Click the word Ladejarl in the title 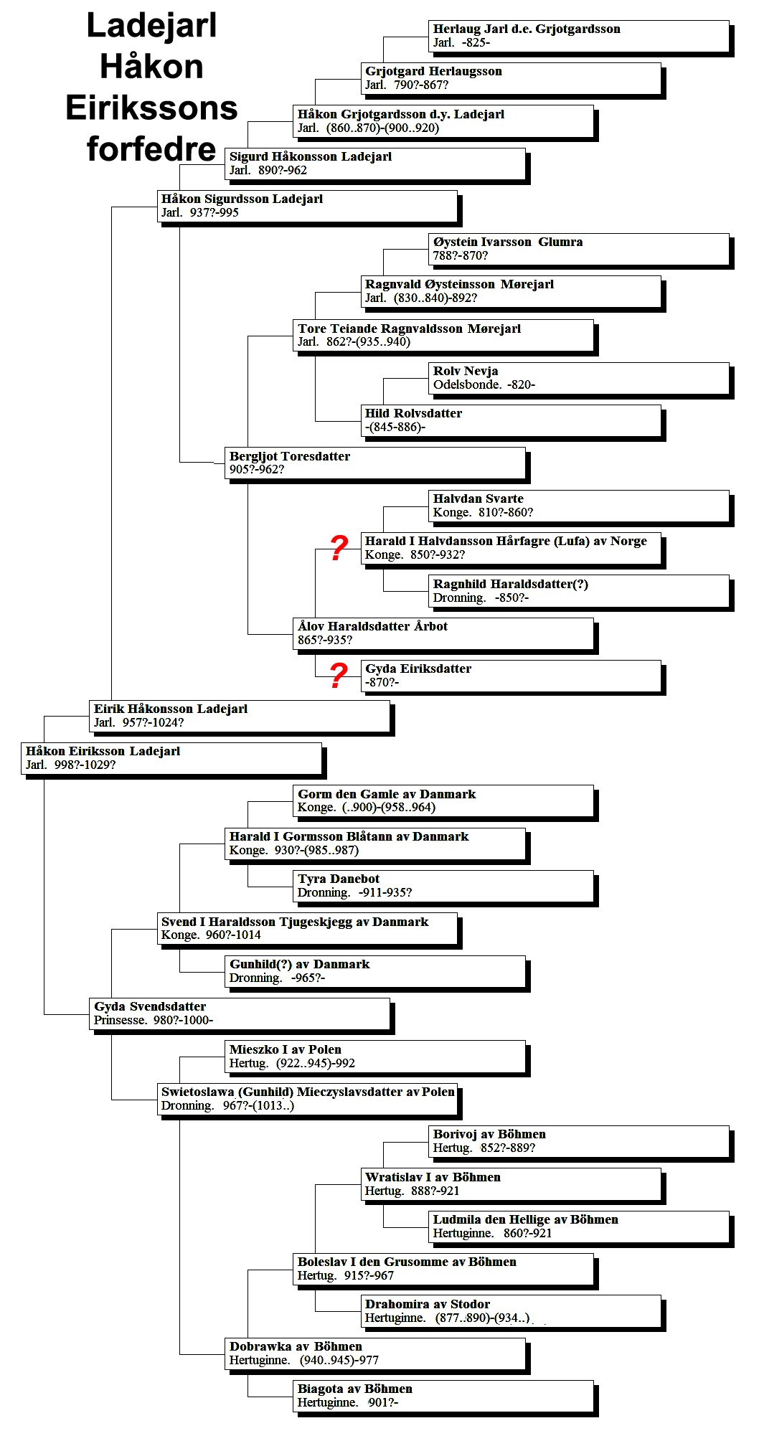151,26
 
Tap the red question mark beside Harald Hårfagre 339,549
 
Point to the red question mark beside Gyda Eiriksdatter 339,676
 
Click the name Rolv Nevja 466,371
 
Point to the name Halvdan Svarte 478,499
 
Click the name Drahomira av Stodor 428,1304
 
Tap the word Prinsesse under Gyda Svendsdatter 120,1021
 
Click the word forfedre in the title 151,149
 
